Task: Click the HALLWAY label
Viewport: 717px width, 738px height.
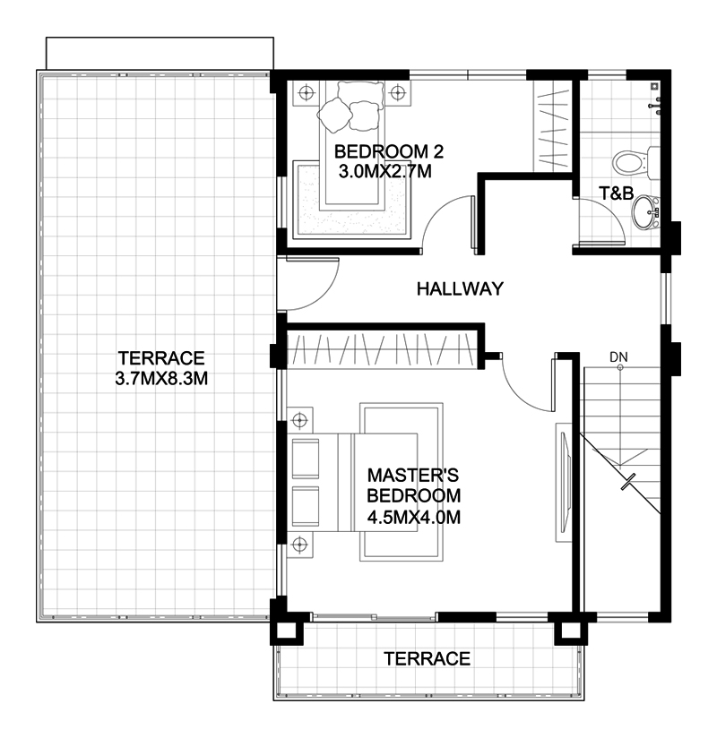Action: point(460,288)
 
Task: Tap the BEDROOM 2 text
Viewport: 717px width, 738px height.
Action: point(389,151)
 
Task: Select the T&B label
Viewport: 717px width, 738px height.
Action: point(616,193)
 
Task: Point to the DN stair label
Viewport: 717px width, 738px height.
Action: point(618,357)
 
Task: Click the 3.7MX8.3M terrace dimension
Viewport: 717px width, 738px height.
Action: point(161,379)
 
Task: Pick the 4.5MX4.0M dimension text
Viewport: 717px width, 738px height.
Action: point(413,518)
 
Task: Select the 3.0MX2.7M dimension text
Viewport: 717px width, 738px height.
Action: point(384,172)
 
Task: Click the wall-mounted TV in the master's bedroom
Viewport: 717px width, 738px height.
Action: point(565,483)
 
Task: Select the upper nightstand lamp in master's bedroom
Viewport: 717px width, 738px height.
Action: point(299,419)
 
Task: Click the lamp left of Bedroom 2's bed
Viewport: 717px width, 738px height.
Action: point(307,93)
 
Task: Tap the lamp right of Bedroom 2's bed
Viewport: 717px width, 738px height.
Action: point(397,92)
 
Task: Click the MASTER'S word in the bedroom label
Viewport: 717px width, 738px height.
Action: point(412,476)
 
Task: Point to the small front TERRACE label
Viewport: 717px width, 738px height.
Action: point(428,659)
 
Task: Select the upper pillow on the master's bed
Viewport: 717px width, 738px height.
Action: point(306,459)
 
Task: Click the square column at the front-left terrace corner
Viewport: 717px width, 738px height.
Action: point(286,629)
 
